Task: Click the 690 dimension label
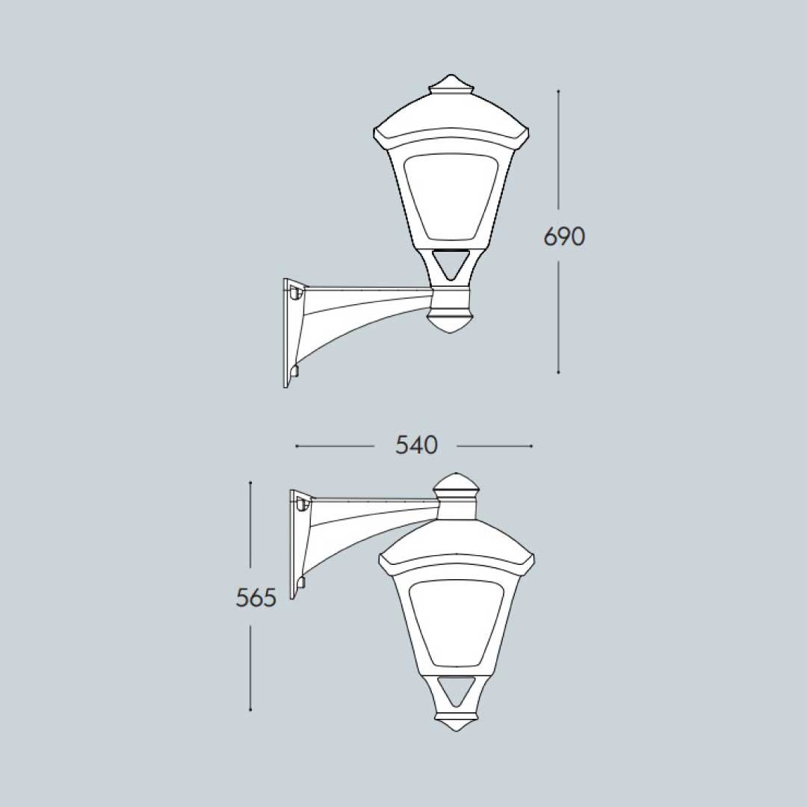pyautogui.click(x=564, y=237)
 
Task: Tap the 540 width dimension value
pyautogui.click(x=416, y=445)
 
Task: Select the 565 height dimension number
pyautogui.click(x=256, y=598)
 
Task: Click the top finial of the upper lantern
pyautogui.click(x=451, y=83)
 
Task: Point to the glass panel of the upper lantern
pyautogui.click(x=451, y=194)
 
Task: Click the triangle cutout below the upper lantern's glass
pyautogui.click(x=451, y=263)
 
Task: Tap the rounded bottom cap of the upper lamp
pyautogui.click(x=451, y=323)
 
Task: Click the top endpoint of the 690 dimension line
pyautogui.click(x=558, y=91)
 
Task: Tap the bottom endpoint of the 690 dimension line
pyautogui.click(x=558, y=371)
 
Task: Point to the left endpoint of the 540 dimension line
pyautogui.click(x=297, y=446)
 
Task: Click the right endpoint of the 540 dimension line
pyautogui.click(x=531, y=446)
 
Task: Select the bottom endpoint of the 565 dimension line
pyautogui.click(x=250, y=709)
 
